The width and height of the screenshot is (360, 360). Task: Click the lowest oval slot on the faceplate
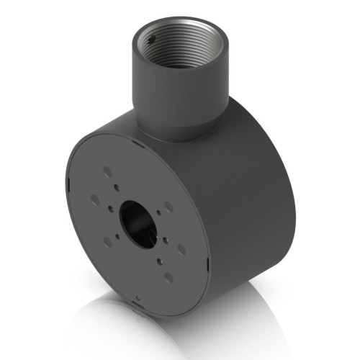click(x=168, y=277)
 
